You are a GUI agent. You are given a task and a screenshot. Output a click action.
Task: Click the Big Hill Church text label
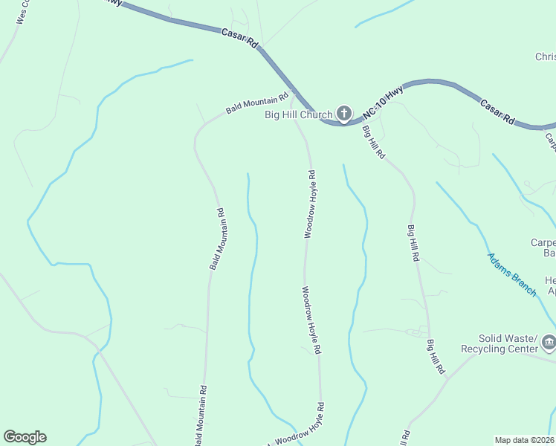coord(298,114)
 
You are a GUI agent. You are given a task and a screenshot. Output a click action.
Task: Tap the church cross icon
coord(343,114)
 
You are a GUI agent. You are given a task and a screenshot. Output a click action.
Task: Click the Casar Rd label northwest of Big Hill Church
coord(239,39)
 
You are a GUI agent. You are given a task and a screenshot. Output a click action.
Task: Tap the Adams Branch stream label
coord(511,274)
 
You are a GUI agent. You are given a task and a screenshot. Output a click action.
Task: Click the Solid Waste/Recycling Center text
coord(499,343)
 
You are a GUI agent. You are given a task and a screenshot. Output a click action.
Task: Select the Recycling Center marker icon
coord(549,342)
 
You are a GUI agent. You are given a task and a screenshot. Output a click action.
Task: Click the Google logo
coord(25,437)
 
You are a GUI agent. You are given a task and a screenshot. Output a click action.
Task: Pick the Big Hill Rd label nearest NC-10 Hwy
coord(373,142)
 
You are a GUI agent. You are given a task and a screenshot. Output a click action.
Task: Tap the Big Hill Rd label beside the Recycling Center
coord(436,357)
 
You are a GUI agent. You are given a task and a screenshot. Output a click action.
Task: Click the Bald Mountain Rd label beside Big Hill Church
coord(256,103)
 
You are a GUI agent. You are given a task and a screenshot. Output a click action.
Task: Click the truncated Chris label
coord(545,57)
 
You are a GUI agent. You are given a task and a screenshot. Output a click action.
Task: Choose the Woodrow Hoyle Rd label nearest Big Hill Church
coord(310,204)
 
